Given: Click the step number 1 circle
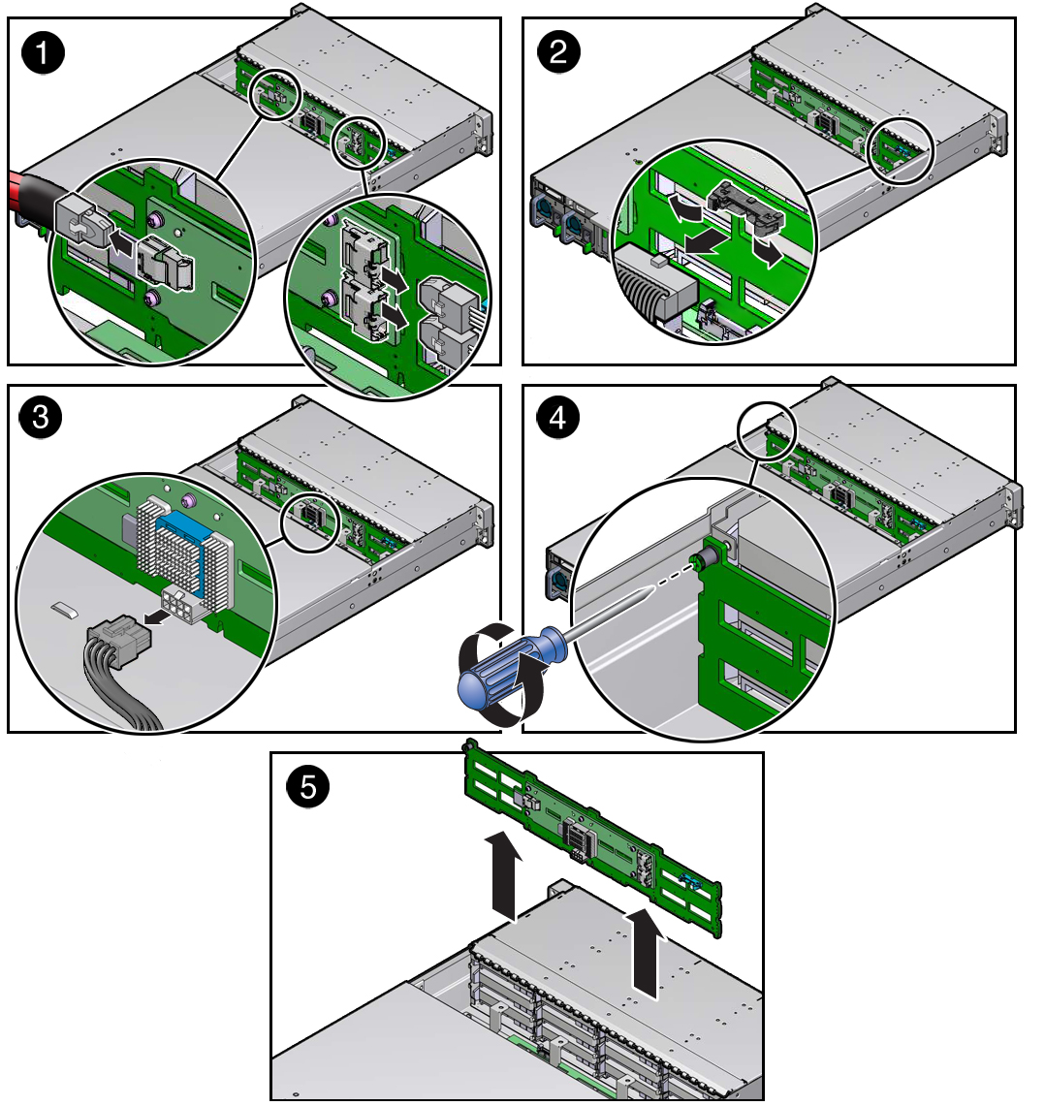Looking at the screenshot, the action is click(x=43, y=53).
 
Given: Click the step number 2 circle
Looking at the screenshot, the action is click(x=558, y=51).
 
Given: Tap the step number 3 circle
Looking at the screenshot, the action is click(x=40, y=417).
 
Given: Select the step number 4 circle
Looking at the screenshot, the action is click(x=557, y=418).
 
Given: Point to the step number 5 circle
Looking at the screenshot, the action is click(x=307, y=786).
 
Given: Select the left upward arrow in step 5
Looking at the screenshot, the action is click(x=504, y=875).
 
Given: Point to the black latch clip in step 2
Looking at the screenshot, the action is click(x=745, y=205).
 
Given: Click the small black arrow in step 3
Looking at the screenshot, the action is click(x=156, y=617).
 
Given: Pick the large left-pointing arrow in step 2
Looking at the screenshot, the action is click(x=707, y=244).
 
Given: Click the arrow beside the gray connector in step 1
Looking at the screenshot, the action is click(x=120, y=244).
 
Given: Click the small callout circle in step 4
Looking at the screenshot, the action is click(x=766, y=431).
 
